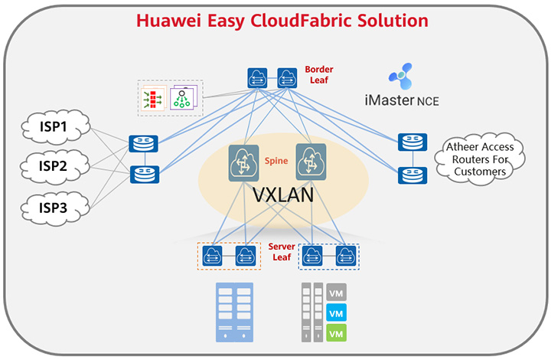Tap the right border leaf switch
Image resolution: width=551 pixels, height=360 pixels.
(x=286, y=76)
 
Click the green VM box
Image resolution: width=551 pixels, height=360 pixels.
(x=334, y=333)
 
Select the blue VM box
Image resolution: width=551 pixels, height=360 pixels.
(x=334, y=313)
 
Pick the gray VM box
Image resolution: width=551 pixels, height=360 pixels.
(x=334, y=292)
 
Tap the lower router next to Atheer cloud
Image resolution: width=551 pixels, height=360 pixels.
(x=408, y=175)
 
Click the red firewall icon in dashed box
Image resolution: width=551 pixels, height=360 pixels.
(x=153, y=98)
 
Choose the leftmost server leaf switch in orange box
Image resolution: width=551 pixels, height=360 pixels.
(x=214, y=255)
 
